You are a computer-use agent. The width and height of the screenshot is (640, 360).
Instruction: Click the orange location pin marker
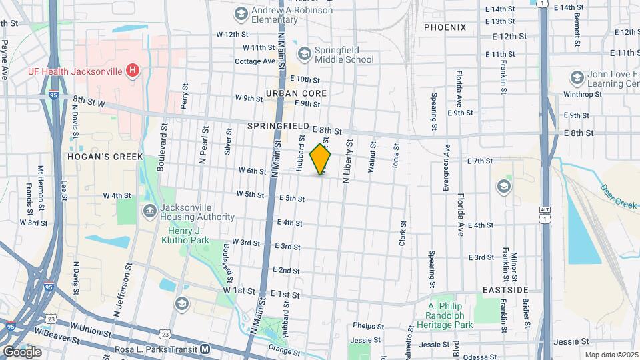(321, 159)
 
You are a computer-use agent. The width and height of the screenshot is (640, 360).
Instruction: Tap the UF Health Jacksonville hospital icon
(133, 69)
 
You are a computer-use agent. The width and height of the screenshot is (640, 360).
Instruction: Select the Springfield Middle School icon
(305, 53)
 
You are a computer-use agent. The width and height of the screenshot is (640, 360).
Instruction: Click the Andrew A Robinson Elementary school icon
(240, 13)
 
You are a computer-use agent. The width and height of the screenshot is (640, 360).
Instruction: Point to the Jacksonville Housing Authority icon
(149, 211)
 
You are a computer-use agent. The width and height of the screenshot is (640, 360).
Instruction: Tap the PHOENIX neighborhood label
(445, 27)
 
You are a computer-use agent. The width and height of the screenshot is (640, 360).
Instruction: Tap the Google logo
(22, 351)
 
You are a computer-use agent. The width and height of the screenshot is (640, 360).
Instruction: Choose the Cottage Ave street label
(255, 61)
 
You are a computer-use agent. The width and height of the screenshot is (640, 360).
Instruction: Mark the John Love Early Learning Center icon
(575, 77)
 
